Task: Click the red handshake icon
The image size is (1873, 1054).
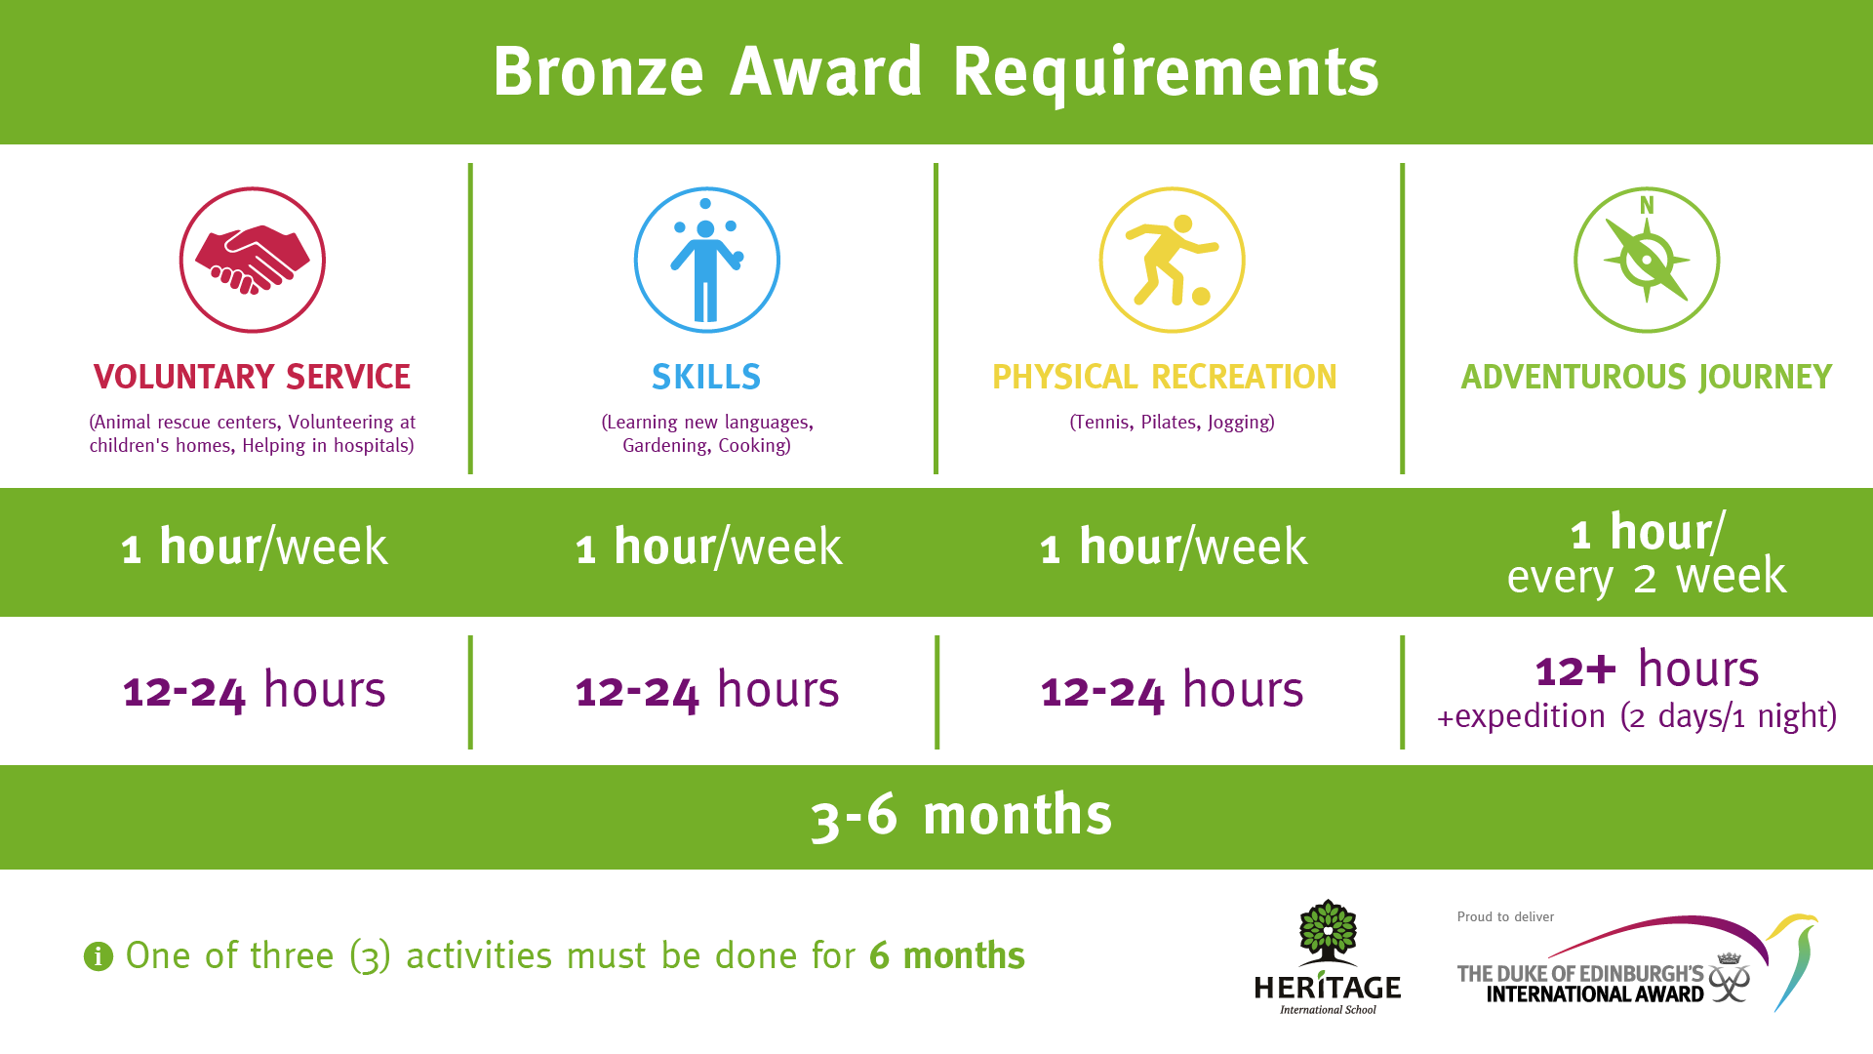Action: pyautogui.click(x=253, y=260)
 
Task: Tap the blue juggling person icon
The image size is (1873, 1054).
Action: pyautogui.click(x=707, y=260)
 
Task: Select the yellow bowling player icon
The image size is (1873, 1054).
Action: pyautogui.click(x=1173, y=260)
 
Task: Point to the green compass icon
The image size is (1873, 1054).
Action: pyautogui.click(x=1647, y=260)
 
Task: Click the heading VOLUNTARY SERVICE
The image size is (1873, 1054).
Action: pyautogui.click(x=252, y=377)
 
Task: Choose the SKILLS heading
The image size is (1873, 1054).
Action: pyautogui.click(x=706, y=377)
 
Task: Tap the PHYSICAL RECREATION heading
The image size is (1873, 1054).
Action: pyautogui.click(x=1165, y=377)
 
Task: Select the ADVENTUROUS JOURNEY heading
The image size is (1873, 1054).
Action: pyautogui.click(x=1647, y=377)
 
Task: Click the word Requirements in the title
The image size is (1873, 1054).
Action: pyautogui.click(x=1166, y=73)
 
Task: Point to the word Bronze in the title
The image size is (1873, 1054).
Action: pyautogui.click(x=598, y=72)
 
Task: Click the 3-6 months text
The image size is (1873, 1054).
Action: pyautogui.click(x=961, y=815)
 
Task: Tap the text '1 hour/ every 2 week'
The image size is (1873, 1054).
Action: pyautogui.click(x=1647, y=553)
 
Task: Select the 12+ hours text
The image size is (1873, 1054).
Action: pyautogui.click(x=1647, y=669)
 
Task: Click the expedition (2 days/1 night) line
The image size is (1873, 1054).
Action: pyautogui.click(x=1637, y=716)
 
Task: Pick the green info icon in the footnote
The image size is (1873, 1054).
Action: pyautogui.click(x=99, y=956)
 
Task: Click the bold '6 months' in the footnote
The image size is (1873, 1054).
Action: pyautogui.click(x=946, y=955)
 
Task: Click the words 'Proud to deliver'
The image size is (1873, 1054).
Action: pyautogui.click(x=1505, y=916)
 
